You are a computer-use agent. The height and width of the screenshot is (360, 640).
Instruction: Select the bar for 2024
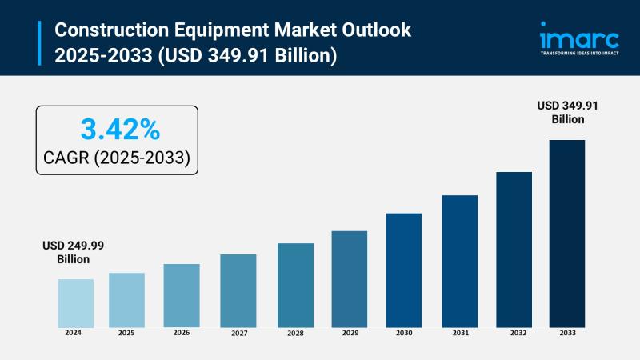(x=75, y=302)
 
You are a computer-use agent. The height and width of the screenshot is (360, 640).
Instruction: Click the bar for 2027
(x=238, y=290)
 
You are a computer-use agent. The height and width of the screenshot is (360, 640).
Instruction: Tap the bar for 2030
(x=403, y=270)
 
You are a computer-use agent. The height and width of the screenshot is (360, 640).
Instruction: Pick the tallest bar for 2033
(x=566, y=233)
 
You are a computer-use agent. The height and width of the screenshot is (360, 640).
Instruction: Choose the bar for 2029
(x=349, y=278)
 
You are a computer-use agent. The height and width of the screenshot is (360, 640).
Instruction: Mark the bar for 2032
(x=514, y=249)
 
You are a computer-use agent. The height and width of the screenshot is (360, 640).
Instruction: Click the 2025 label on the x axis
(x=126, y=333)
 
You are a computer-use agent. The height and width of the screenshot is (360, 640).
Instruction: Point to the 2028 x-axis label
(x=295, y=333)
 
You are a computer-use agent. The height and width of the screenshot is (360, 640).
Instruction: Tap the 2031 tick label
(x=459, y=333)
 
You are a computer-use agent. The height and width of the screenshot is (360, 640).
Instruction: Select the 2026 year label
(x=182, y=333)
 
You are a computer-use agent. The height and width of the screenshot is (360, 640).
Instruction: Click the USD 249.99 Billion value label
(x=74, y=252)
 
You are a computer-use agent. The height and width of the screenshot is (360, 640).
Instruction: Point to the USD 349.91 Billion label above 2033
(x=567, y=112)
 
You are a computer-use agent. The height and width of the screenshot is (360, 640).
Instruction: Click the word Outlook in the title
(x=377, y=30)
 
